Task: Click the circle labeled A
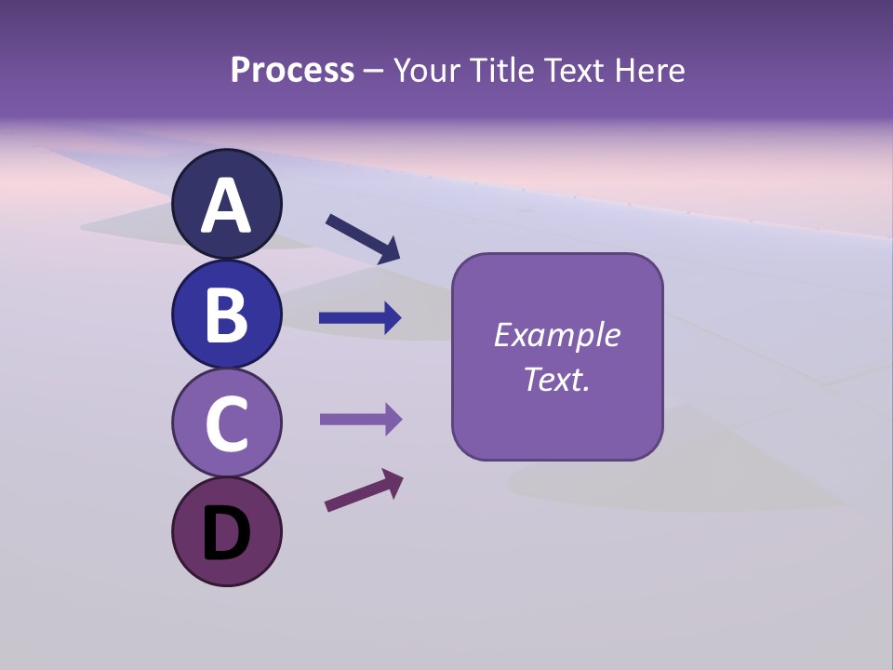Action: point(226,204)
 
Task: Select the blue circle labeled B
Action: point(226,314)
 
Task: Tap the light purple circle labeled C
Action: point(226,422)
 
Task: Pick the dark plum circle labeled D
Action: point(226,531)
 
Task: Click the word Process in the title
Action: point(292,70)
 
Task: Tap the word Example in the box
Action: point(557,335)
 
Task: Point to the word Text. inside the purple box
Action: point(557,379)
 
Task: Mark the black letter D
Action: point(226,533)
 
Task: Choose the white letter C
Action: point(226,423)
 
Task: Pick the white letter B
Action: point(226,315)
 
